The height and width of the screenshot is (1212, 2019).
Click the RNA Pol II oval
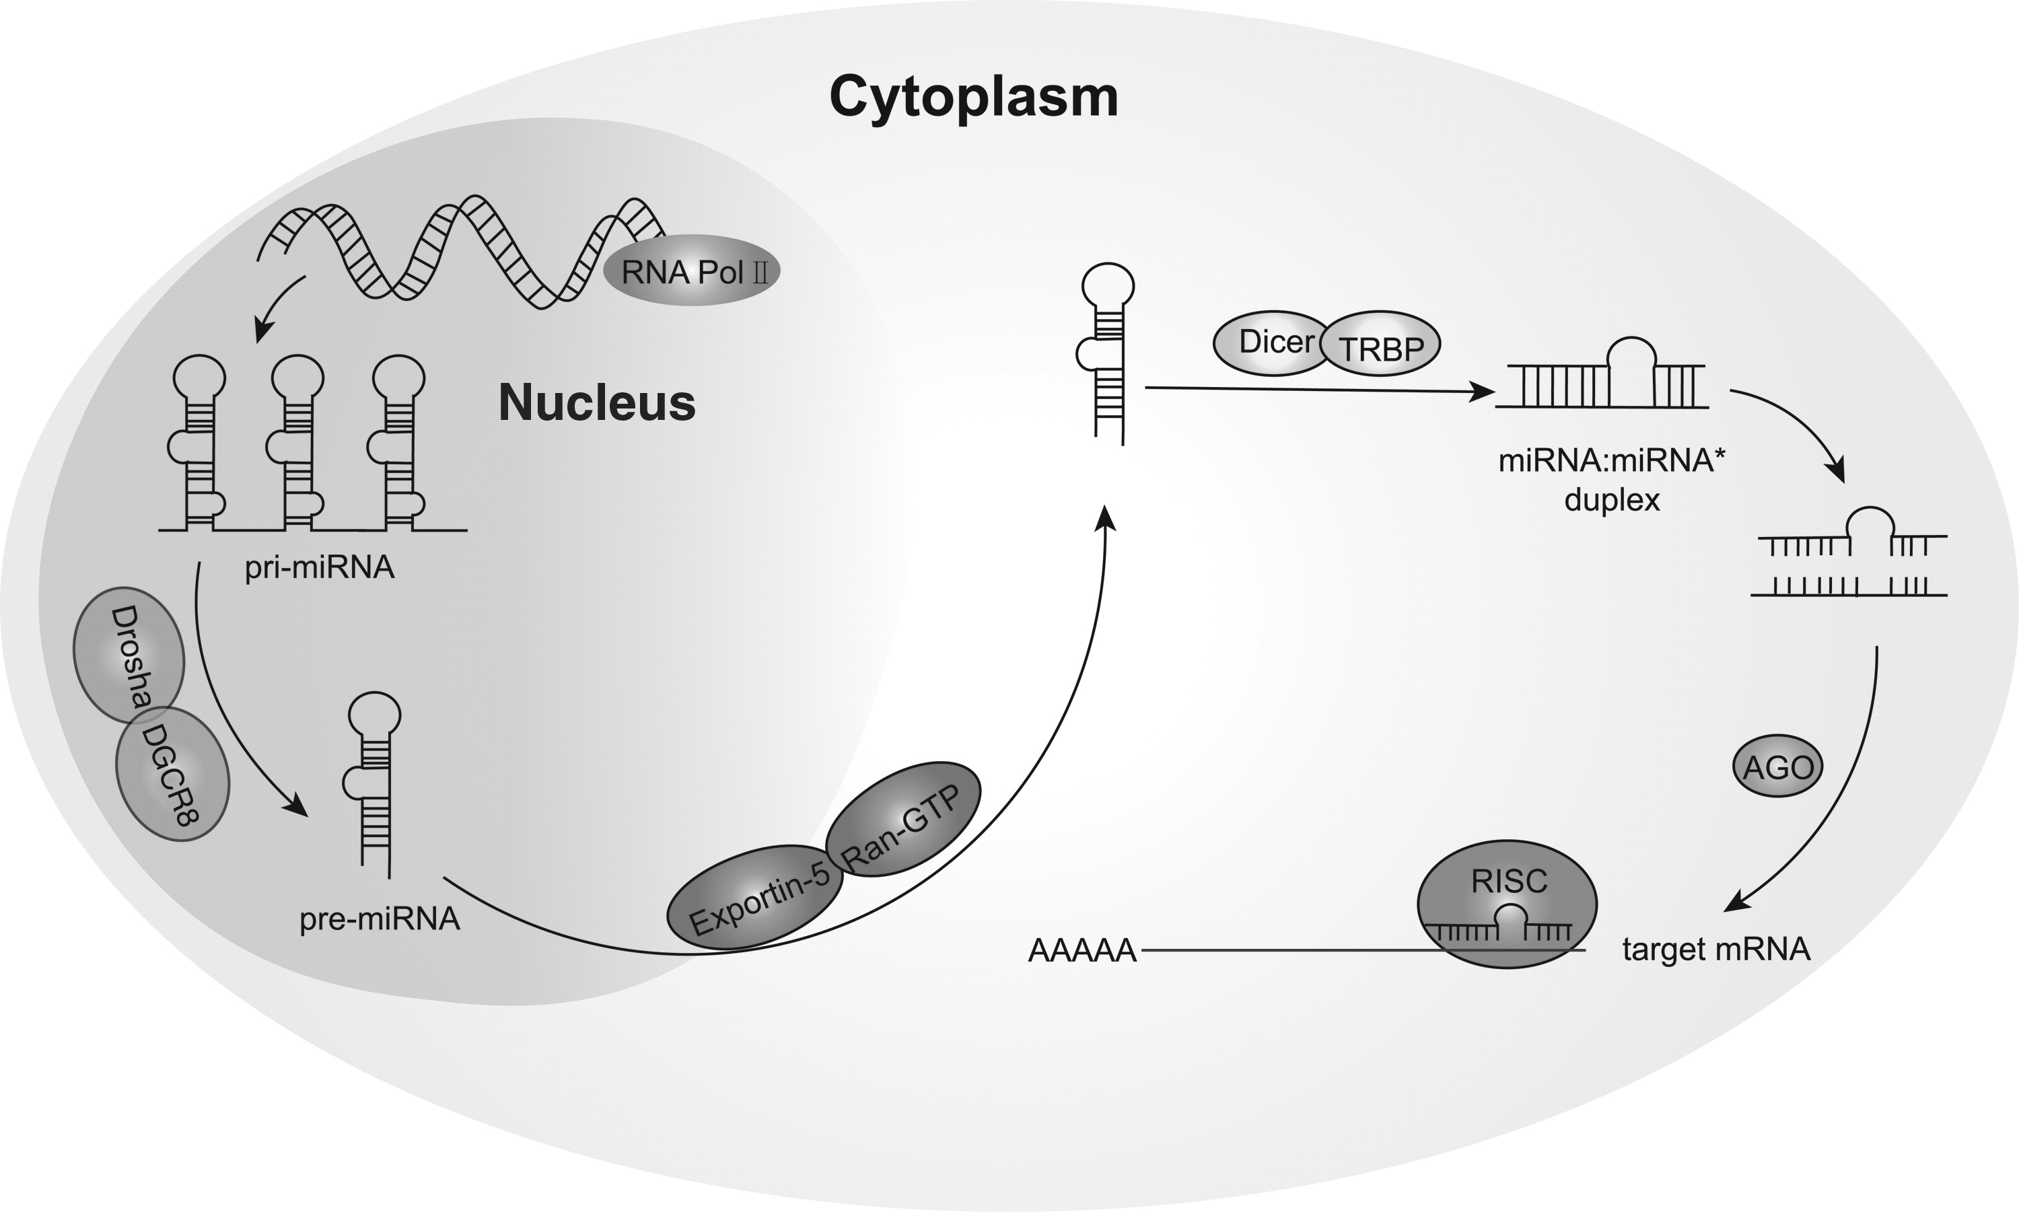tap(692, 272)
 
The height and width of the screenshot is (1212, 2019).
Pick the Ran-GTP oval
tap(902, 819)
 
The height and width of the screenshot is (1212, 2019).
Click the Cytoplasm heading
tap(974, 97)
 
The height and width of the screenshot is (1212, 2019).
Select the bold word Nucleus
tap(597, 402)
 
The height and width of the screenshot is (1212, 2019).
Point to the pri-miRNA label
tap(320, 567)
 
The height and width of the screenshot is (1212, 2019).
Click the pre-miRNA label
tap(380, 919)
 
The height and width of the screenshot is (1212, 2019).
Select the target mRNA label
tap(1716, 949)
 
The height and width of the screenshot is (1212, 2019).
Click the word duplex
tap(1611, 499)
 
